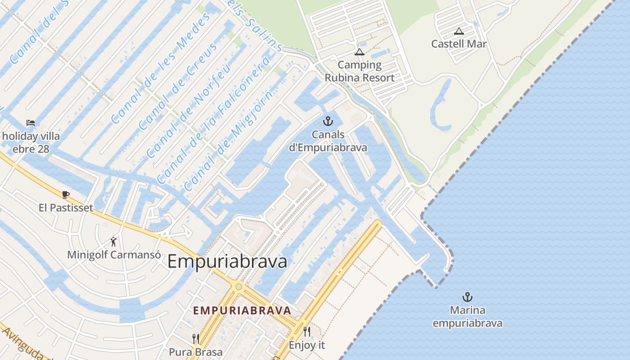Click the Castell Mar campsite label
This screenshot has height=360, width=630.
(459, 44)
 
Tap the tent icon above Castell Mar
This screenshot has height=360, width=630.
(459, 31)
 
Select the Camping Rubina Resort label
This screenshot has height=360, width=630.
(360, 71)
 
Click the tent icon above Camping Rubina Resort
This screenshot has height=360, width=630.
(359, 52)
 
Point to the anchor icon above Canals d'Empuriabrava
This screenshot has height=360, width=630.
(328, 121)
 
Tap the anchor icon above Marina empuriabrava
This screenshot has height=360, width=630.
(468, 297)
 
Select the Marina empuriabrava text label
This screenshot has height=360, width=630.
(468, 317)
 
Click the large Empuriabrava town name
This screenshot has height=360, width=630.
(227, 261)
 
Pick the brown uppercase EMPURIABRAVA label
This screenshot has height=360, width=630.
(242, 310)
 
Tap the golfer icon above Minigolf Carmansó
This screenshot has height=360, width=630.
(113, 242)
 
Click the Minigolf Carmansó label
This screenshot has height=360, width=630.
(114, 255)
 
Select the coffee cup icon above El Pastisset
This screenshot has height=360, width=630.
(66, 194)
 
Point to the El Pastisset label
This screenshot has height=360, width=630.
(66, 207)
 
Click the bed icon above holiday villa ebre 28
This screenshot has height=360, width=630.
(31, 122)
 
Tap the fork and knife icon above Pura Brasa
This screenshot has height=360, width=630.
(196, 338)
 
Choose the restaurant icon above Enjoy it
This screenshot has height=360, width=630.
(307, 332)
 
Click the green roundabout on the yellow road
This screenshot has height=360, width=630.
(238, 287)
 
